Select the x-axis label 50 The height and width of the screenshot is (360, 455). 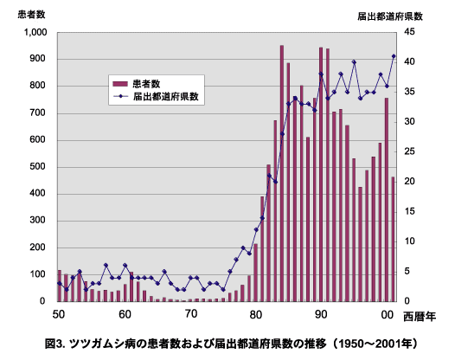(x=60, y=312)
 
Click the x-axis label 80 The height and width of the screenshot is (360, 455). (x=255, y=312)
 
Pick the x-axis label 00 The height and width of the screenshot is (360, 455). (x=386, y=312)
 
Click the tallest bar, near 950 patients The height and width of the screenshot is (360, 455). (x=282, y=173)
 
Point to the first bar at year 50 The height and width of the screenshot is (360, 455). (x=60, y=286)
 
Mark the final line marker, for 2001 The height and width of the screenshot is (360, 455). (x=394, y=56)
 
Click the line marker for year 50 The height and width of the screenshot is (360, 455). (x=60, y=283)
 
